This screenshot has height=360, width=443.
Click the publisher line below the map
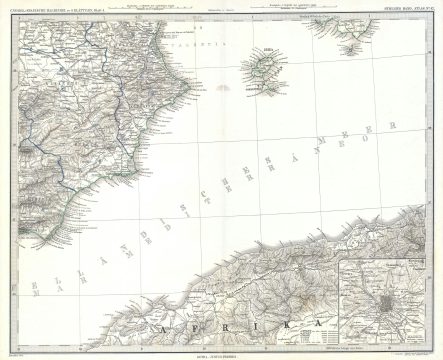click(x=221, y=353)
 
